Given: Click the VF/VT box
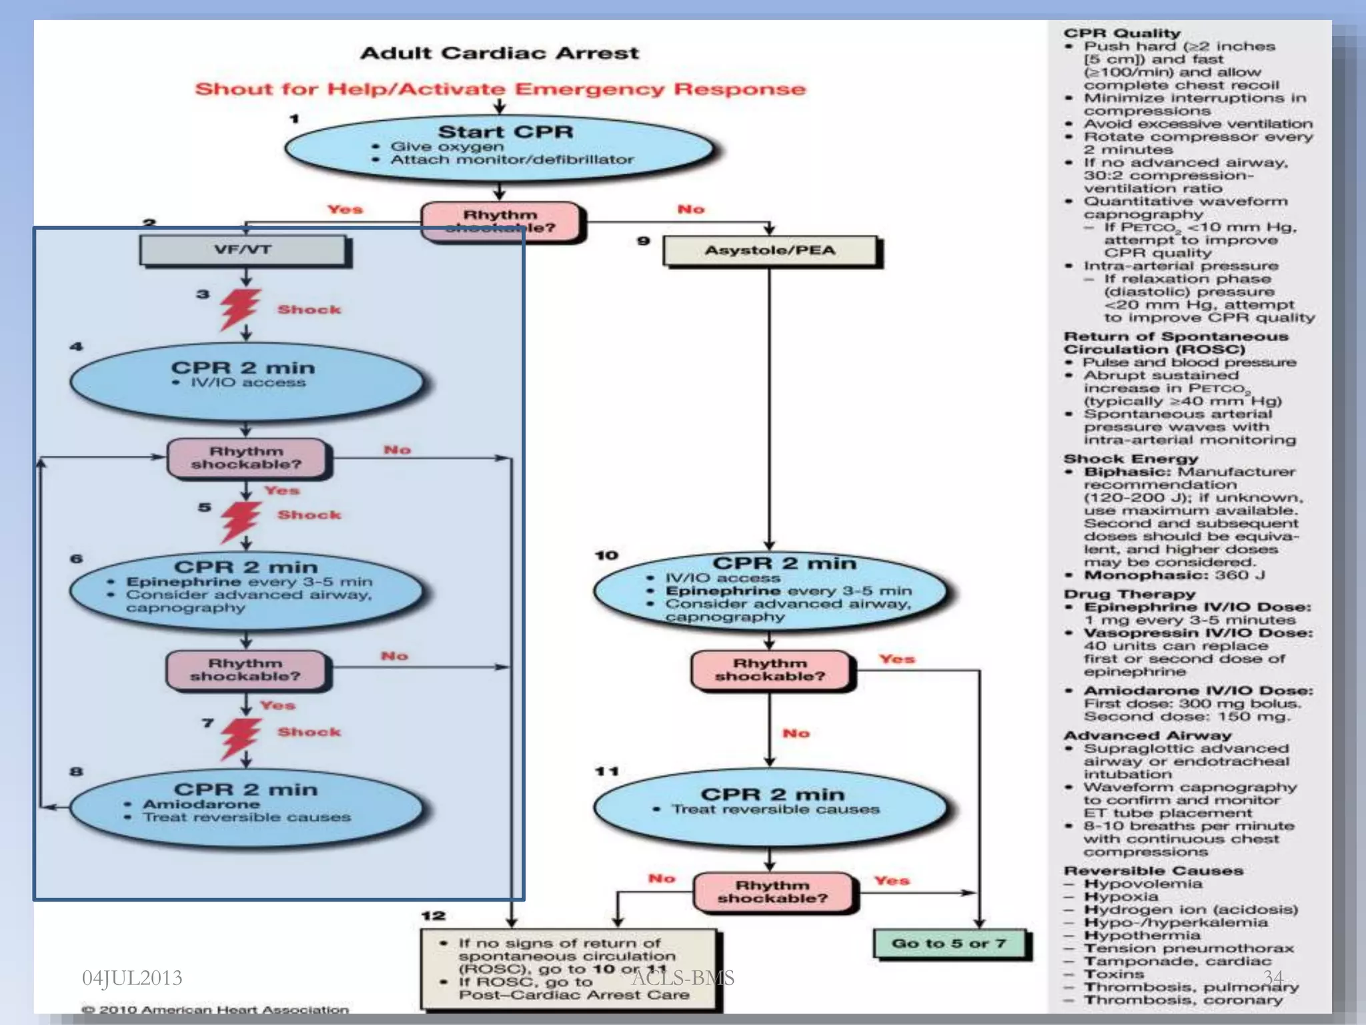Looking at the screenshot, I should coord(243,250).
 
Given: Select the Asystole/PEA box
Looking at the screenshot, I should coord(770,251).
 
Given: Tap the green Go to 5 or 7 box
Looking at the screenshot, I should coord(950,944).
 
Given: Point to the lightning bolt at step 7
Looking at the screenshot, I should coord(239,737).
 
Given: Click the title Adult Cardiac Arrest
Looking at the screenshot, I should coord(500,53).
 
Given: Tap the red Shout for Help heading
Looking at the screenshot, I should coord(500,89).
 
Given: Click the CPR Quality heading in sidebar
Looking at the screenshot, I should coord(1122,33).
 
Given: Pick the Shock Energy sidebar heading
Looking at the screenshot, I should coord(1131,459).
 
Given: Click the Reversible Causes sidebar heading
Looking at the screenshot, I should coord(1153,871).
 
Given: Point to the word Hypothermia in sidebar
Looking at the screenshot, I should coord(1142,936).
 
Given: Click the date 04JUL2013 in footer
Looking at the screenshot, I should coord(132,978).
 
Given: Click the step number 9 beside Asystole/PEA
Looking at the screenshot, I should coord(643,240).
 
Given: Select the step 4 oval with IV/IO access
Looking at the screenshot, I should coord(246,379).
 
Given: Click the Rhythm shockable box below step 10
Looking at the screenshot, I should coord(770,670).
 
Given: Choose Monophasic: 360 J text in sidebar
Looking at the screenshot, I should coord(1174,575).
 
